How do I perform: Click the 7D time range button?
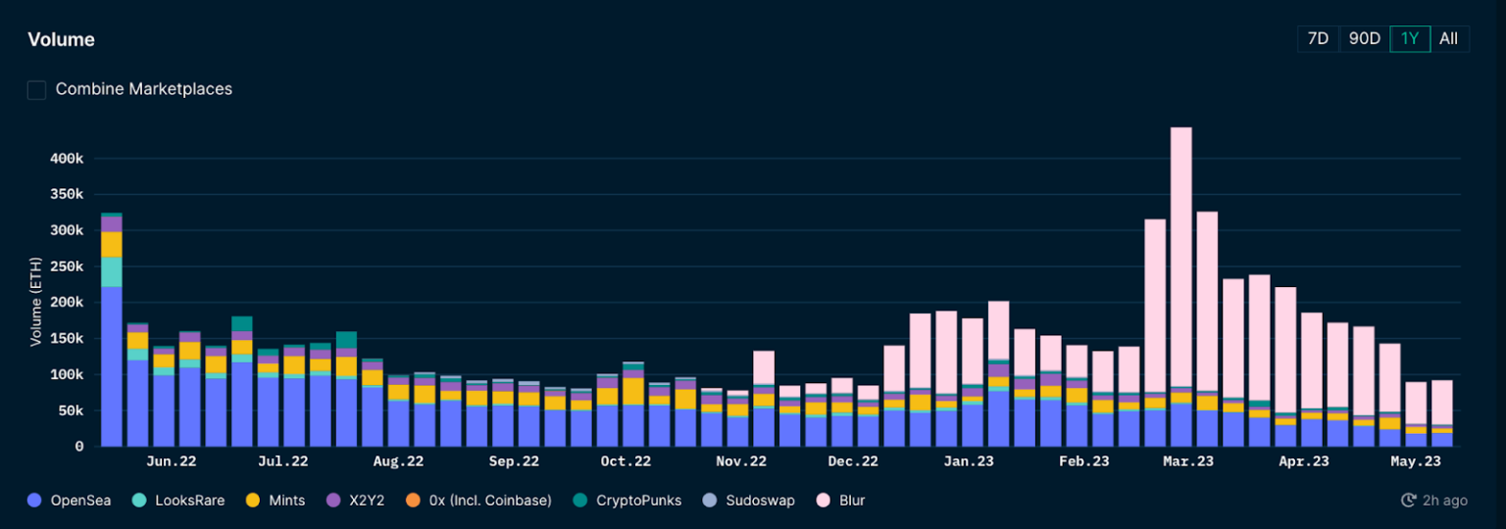point(1318,39)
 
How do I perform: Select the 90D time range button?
point(1364,39)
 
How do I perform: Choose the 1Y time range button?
point(1410,39)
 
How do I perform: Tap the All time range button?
point(1448,39)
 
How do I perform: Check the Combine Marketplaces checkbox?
point(36,89)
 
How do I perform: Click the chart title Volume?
point(61,40)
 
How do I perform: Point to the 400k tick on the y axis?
point(67,159)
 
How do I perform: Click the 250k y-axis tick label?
point(67,266)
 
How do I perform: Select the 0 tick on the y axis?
point(78,447)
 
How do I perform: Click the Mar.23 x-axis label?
point(1188,461)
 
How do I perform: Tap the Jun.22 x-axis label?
point(171,461)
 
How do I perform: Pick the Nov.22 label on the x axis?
point(741,461)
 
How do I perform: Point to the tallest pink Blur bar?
point(1180,255)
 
